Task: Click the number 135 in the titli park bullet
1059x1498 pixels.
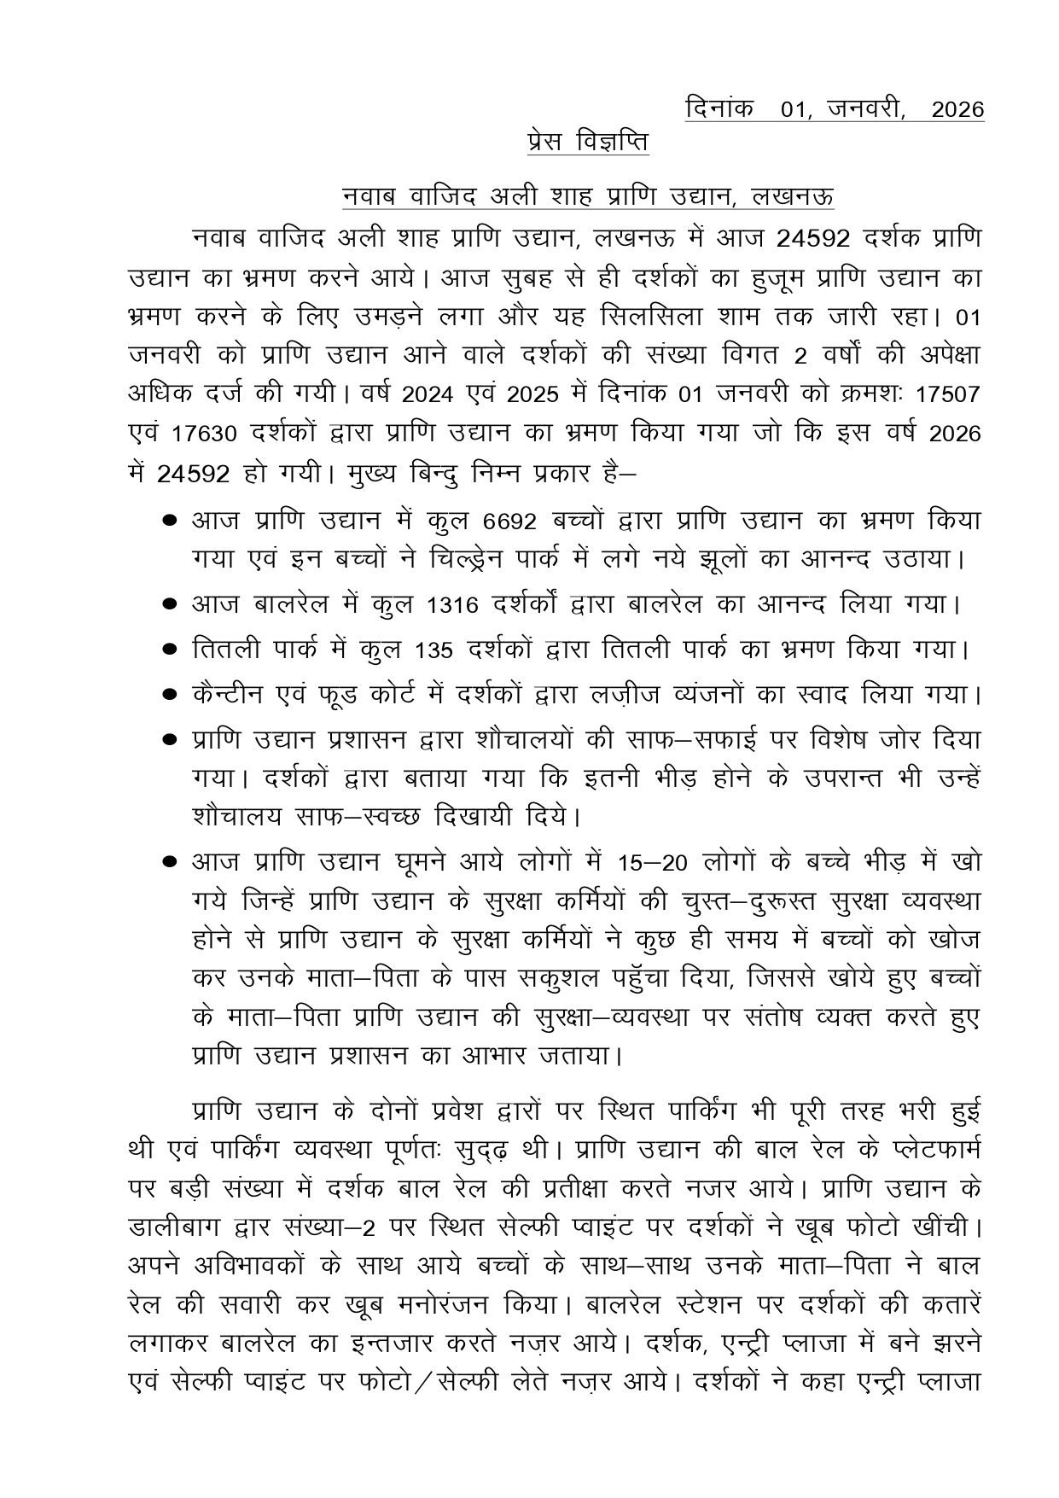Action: (433, 650)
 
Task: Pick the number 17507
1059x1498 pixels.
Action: (946, 395)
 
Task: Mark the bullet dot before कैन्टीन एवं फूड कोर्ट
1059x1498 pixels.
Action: (170, 695)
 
